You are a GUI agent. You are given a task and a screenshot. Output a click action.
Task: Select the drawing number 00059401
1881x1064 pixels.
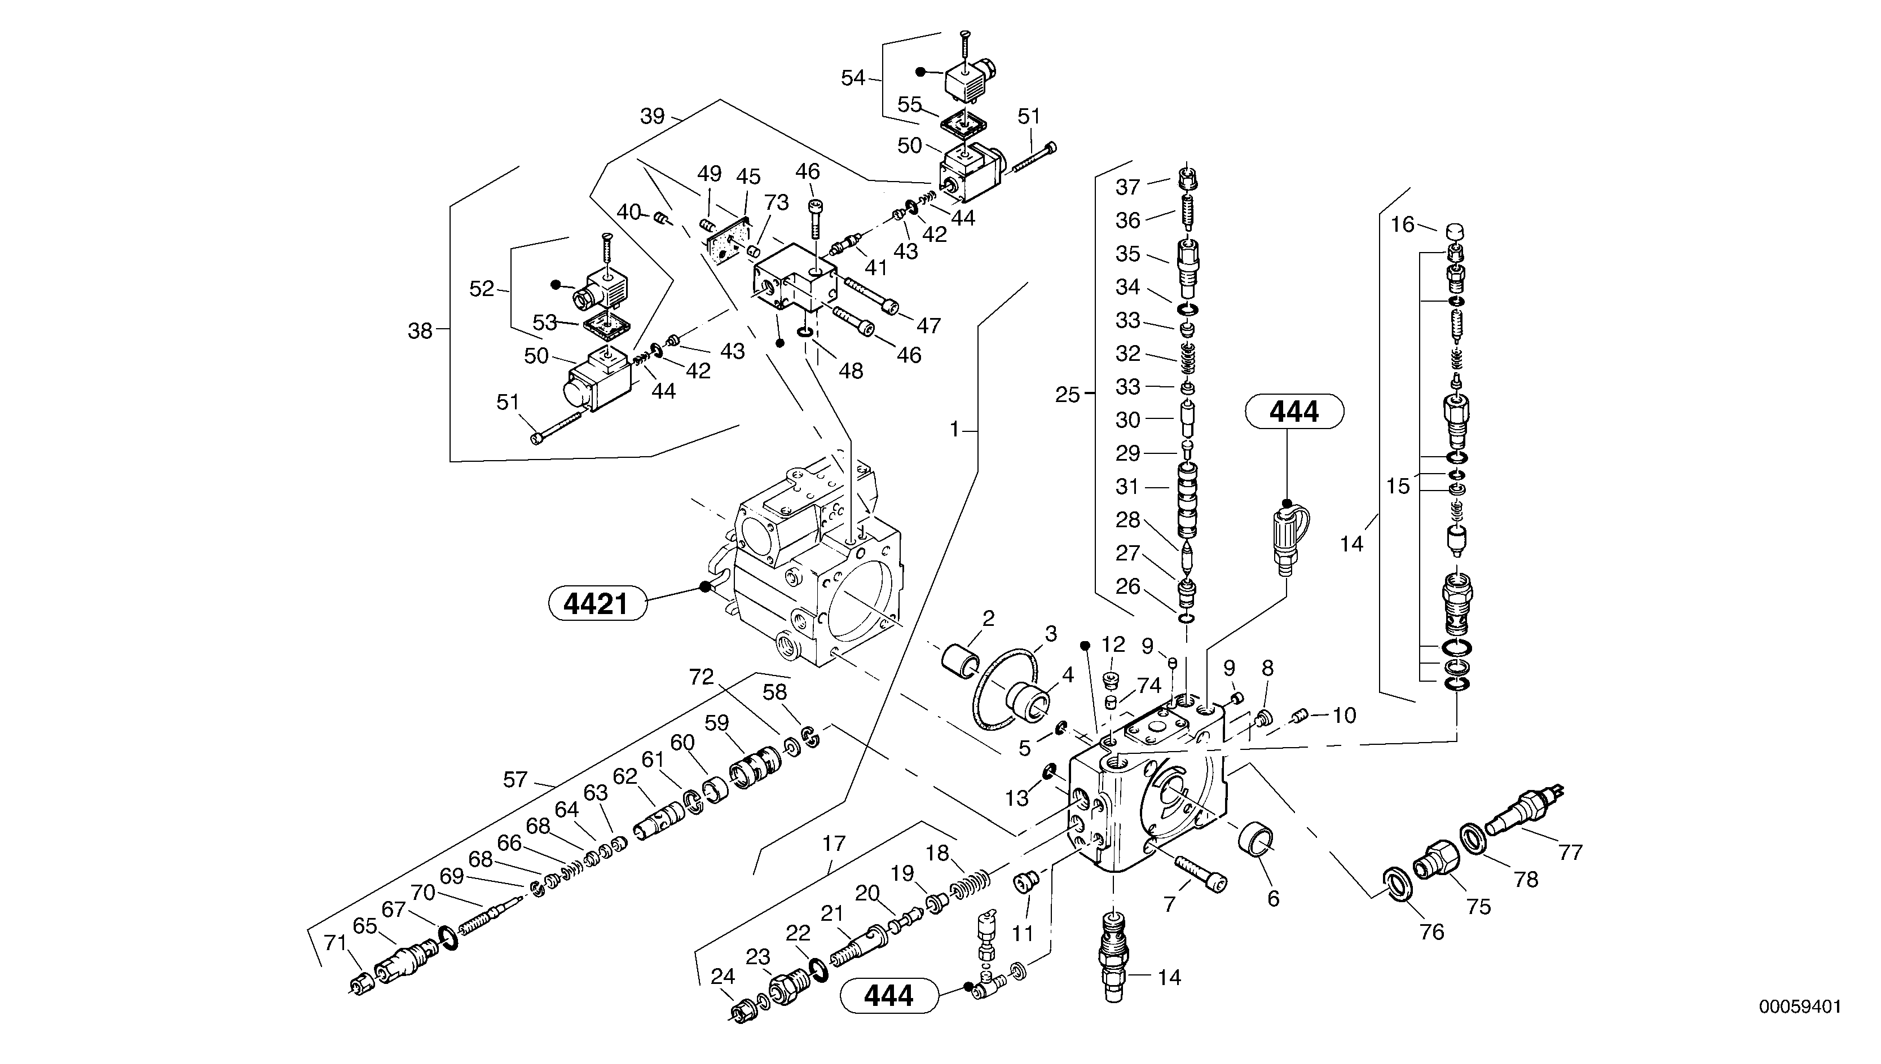[x=1799, y=1007]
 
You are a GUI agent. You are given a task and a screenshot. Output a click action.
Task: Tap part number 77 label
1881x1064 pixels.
[x=1570, y=852]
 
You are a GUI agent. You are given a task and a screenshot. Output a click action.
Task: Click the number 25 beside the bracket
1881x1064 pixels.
[x=1067, y=395]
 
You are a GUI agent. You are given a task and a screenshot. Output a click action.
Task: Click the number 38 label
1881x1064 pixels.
[x=420, y=331]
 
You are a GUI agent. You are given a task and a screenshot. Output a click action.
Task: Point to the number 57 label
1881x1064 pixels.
[x=514, y=780]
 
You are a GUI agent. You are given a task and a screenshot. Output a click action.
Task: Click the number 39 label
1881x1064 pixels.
[x=652, y=116]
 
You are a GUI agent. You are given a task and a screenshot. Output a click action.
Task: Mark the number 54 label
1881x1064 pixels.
[x=853, y=78]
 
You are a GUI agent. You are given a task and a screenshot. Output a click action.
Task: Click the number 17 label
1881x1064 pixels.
[x=833, y=844]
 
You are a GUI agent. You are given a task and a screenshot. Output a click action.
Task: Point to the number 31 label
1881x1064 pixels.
[x=1127, y=487]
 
